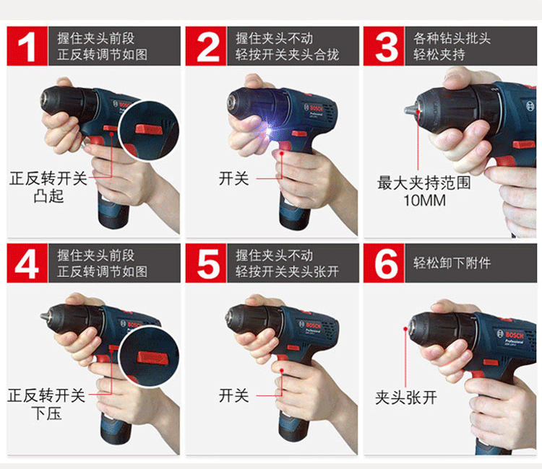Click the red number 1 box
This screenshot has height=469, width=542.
[x=27, y=46]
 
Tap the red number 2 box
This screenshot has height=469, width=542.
[x=206, y=46]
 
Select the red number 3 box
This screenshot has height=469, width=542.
[x=384, y=46]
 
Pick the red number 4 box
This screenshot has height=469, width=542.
[x=27, y=263]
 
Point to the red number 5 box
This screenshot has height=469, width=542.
[x=206, y=263]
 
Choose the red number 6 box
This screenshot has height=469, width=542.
[x=384, y=263]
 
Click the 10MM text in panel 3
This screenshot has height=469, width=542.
[x=425, y=201]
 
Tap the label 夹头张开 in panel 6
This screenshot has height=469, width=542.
[x=406, y=398]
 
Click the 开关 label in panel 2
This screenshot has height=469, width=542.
[x=233, y=179]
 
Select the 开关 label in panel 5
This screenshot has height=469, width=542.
[x=233, y=395]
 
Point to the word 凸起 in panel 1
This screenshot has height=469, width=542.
[x=48, y=196]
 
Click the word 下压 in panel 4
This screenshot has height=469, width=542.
[x=46, y=413]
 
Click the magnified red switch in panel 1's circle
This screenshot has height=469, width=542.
[x=149, y=129]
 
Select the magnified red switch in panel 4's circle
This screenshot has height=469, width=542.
[x=152, y=357]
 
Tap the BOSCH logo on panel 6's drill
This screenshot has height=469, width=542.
[x=514, y=335]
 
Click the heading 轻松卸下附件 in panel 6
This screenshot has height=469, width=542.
[x=452, y=263]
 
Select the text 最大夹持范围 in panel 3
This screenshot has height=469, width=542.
[x=424, y=183]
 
